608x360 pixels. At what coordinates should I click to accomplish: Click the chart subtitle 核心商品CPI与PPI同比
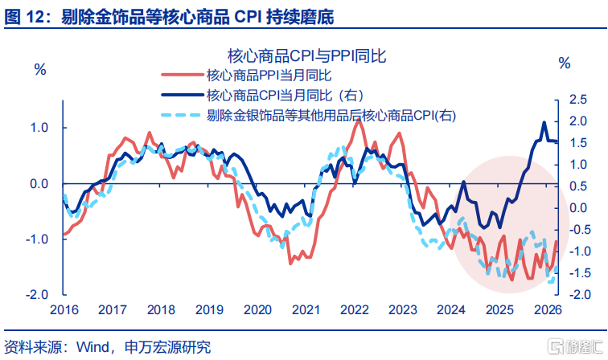[308, 55]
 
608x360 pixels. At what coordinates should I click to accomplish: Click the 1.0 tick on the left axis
[38, 128]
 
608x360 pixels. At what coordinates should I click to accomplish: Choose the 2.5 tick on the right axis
[579, 100]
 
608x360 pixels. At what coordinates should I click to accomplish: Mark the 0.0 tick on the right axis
[579, 207]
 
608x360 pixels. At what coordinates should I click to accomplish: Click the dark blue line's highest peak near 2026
[544, 123]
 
